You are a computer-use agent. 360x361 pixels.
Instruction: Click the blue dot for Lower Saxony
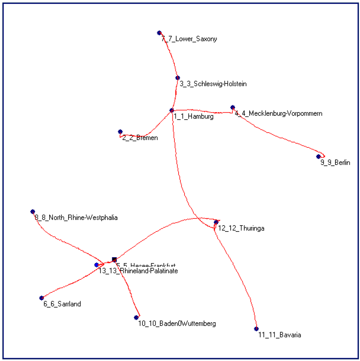[x=159, y=33]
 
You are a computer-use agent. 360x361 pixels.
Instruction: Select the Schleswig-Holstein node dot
[x=178, y=78]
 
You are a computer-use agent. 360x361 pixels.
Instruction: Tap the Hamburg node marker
[x=172, y=110]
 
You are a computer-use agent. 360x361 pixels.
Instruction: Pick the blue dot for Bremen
[x=120, y=132]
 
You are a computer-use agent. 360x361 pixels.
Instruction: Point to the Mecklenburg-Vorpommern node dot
[x=232, y=107]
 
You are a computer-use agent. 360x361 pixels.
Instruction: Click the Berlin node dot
[x=319, y=156]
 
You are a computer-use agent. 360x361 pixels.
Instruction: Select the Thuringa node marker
[x=216, y=222]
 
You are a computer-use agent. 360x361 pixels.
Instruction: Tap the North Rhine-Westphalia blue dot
[x=33, y=211]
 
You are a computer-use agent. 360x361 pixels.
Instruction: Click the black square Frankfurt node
[x=114, y=259]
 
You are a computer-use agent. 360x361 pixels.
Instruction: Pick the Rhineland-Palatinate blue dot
[x=96, y=265]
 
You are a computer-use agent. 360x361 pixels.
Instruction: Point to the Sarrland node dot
[x=41, y=298]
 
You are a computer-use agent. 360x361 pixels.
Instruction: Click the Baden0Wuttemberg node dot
[x=136, y=317]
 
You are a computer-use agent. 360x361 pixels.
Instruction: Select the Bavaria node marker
[x=256, y=329]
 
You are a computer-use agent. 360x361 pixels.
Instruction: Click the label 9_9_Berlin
[x=335, y=163]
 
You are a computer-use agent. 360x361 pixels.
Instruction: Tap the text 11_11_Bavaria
[x=279, y=335]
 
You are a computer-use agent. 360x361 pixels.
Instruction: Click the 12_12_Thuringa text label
[x=241, y=228]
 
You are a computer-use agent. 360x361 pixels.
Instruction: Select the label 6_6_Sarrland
[x=62, y=304]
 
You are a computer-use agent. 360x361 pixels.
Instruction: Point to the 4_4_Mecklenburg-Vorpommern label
[x=278, y=114]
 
